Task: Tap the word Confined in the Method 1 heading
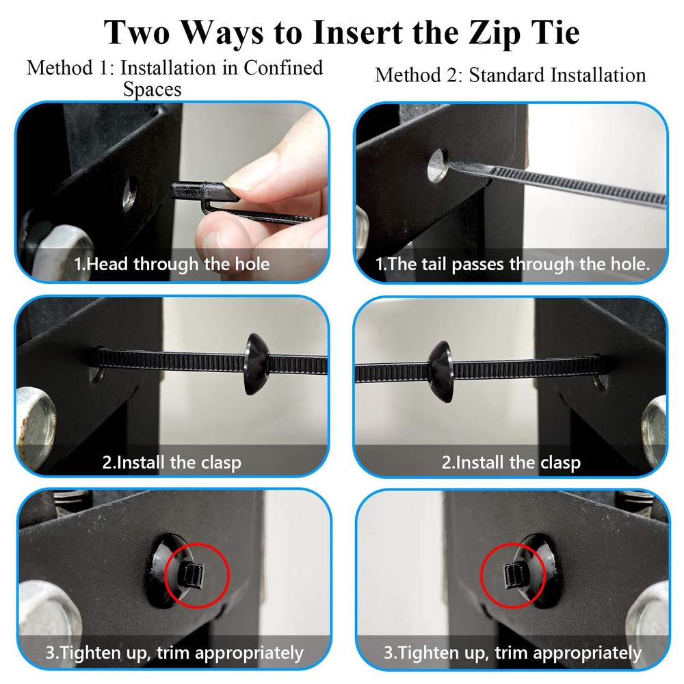[283, 68]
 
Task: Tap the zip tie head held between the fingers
[204, 191]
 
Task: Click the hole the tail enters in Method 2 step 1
[438, 166]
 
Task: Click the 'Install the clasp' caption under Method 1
[172, 462]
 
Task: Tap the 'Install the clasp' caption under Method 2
[511, 462]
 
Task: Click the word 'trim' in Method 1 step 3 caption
[174, 653]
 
